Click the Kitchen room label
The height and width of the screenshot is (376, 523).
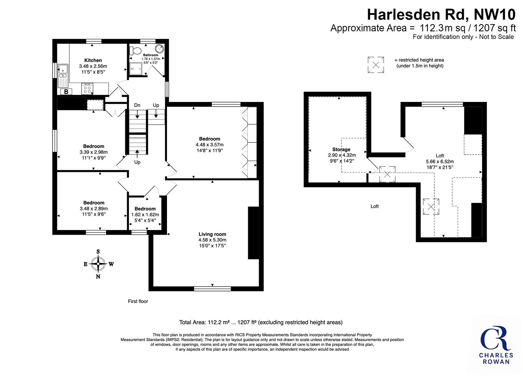tap(93, 60)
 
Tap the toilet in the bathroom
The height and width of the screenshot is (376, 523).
tap(135, 50)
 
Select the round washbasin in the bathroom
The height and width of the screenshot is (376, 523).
tap(159, 49)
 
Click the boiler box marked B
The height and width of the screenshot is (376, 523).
tap(66, 92)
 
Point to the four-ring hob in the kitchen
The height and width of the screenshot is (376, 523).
tap(87, 89)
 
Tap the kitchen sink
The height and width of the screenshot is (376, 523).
tap(63, 71)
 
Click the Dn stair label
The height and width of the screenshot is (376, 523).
tap(137, 105)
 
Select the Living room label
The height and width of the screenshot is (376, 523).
tap(212, 234)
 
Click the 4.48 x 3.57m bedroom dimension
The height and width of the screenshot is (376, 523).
tap(210, 145)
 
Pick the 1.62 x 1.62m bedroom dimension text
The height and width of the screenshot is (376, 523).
tap(145, 214)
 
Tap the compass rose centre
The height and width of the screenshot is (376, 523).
tap(98, 264)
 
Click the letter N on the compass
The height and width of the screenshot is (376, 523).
tap(98, 276)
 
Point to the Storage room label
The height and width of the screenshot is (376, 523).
tap(341, 149)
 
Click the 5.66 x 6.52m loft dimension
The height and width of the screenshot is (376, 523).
tap(440, 161)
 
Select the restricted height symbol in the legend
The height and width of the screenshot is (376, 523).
tap(376, 64)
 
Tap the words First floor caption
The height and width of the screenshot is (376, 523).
tap(138, 301)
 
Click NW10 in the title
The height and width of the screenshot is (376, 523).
tap(494, 15)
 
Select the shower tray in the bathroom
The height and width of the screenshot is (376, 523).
tap(136, 69)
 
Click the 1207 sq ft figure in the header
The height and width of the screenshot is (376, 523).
tap(494, 28)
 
